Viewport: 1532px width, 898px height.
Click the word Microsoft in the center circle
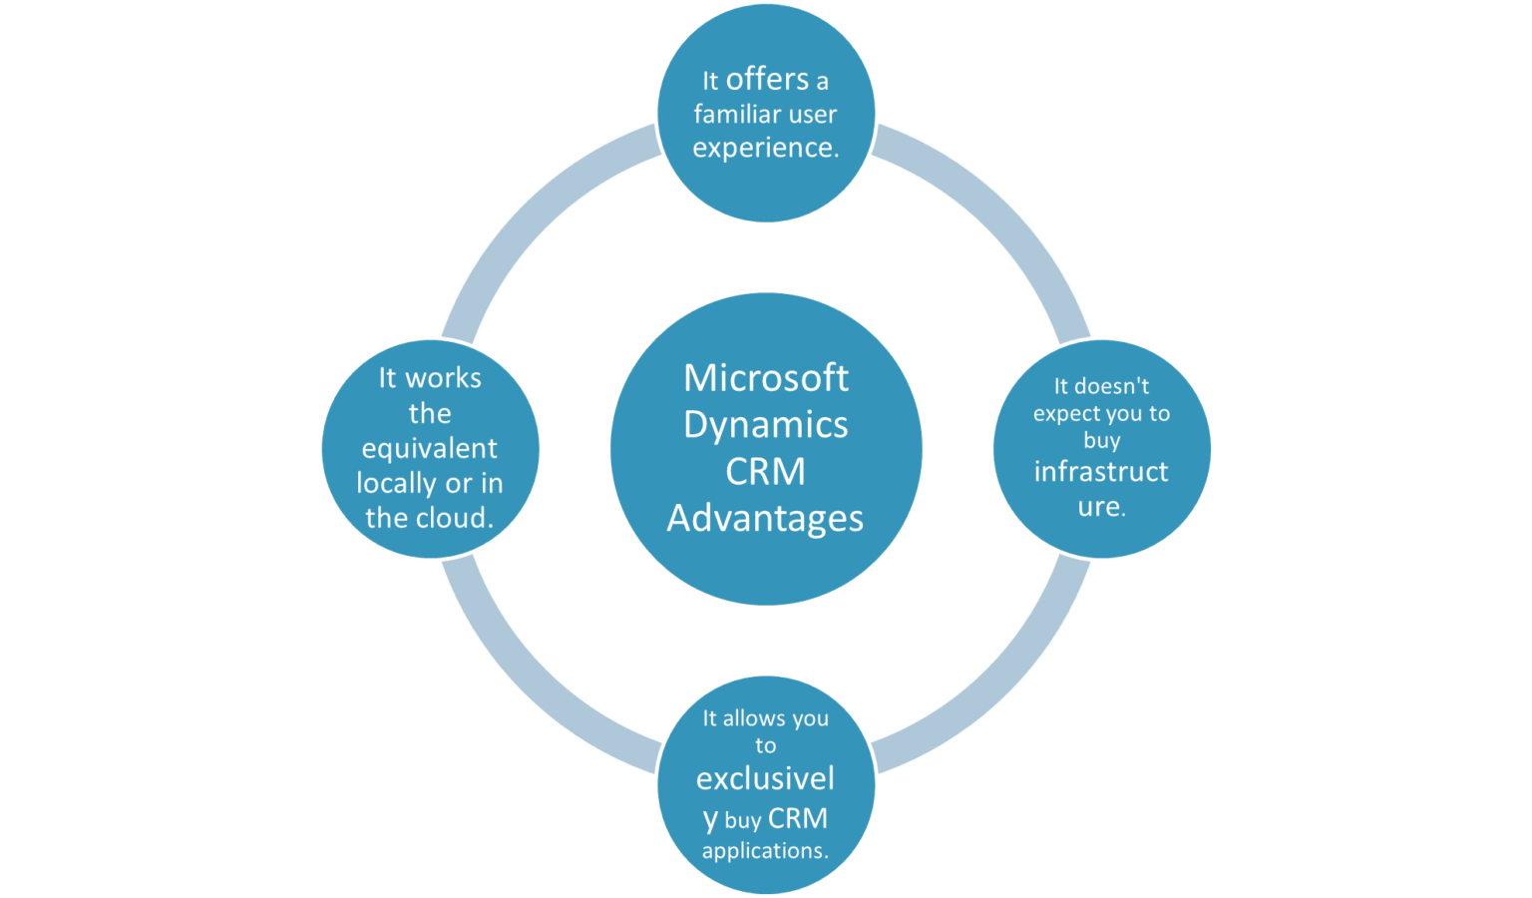coord(765,378)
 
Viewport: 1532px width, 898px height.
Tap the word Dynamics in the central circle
coord(765,425)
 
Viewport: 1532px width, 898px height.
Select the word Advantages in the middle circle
coord(765,519)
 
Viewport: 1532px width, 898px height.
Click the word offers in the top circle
coord(767,79)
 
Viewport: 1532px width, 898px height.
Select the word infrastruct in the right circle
coord(1100,472)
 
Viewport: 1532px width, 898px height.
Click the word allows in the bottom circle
coord(755,718)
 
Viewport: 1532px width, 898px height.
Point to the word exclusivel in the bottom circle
coord(765,778)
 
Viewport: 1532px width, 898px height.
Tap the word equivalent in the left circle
coord(429,449)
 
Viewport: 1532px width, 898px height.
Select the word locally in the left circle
coord(397,484)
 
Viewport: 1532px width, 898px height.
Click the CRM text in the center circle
coord(765,472)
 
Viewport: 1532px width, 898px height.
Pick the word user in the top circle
coord(811,114)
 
